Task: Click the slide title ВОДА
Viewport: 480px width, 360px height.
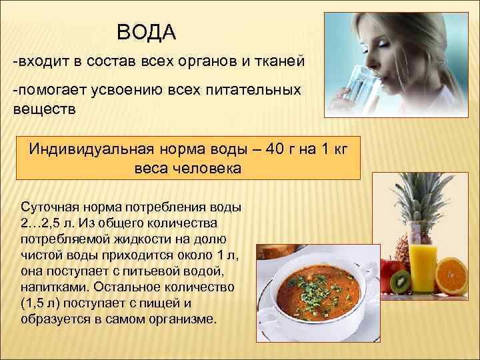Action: click(146, 32)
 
